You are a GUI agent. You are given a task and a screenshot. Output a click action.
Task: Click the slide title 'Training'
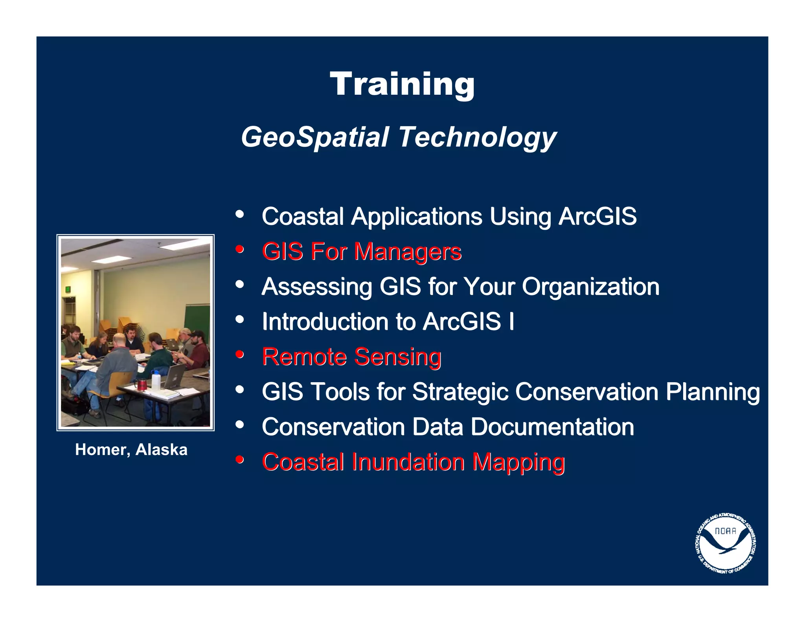pyautogui.click(x=402, y=84)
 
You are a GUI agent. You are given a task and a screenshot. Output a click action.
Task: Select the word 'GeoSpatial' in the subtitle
pyautogui.click(x=315, y=137)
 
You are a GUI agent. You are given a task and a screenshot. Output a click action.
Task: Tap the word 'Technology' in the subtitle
pyautogui.click(x=477, y=137)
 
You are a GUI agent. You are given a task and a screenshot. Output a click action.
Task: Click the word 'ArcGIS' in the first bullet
pyautogui.click(x=597, y=216)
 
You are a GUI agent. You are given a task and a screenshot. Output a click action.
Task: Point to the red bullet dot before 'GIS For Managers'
pyautogui.click(x=240, y=249)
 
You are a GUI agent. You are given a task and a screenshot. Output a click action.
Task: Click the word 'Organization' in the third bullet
pyautogui.click(x=590, y=287)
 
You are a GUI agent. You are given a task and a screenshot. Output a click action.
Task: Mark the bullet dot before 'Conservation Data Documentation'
pyautogui.click(x=240, y=425)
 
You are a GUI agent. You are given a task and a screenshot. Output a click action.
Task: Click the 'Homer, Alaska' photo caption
pyautogui.click(x=131, y=450)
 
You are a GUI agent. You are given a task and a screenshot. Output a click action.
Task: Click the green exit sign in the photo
pyautogui.click(x=68, y=289)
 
